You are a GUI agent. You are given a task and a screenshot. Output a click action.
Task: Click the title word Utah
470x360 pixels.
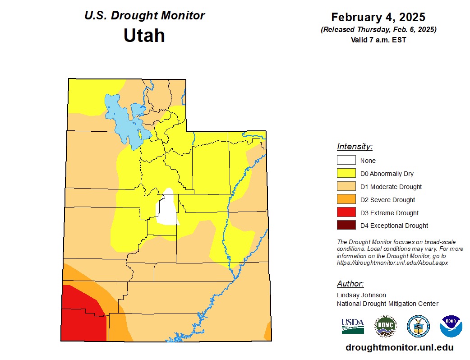(144, 35)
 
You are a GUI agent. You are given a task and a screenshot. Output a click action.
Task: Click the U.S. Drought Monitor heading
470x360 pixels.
(144, 15)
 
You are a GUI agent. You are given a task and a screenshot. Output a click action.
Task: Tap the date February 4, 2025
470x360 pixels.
(378, 17)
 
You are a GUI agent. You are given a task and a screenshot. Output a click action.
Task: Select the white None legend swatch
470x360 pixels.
(346, 160)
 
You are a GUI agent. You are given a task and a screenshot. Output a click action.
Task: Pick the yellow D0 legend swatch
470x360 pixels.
(346, 173)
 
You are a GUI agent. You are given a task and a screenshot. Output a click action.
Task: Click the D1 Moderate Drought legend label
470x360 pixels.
(391, 187)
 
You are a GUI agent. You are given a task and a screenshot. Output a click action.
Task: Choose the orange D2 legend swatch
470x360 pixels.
(346, 199)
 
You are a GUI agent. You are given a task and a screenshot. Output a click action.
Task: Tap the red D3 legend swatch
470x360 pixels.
(346, 212)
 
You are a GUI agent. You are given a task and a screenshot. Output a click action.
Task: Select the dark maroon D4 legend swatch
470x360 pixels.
(346, 225)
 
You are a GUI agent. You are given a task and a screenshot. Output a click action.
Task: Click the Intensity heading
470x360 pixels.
(355, 147)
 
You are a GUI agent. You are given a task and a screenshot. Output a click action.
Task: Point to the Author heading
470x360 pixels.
(350, 284)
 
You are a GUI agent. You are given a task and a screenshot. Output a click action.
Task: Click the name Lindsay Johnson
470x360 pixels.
(361, 295)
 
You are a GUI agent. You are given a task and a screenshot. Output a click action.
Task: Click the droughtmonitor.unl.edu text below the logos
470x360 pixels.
(399, 348)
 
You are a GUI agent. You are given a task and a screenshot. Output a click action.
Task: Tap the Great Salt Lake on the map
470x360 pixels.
(122, 122)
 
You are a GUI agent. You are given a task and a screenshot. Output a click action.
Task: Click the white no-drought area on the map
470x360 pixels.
(167, 210)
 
